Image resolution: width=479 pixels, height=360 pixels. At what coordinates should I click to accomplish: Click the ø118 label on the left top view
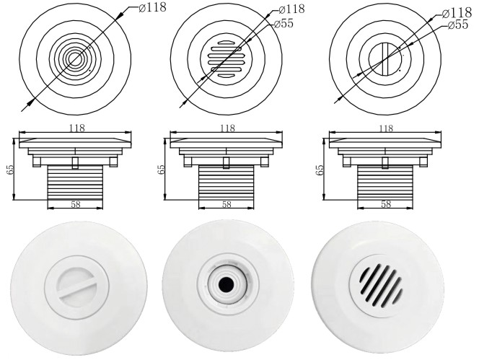tap(152, 8)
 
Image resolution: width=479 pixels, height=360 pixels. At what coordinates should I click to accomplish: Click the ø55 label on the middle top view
tap(284, 24)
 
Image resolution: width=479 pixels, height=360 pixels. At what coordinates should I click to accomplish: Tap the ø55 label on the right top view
tap(458, 25)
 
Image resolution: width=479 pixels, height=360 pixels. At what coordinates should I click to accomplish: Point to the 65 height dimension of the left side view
tap(10, 170)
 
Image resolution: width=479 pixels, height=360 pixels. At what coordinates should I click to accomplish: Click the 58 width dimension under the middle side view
tap(227, 204)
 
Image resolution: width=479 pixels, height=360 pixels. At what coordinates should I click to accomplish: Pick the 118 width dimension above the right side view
tap(386, 128)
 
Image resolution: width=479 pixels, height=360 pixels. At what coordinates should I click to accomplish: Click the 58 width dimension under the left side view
tap(76, 204)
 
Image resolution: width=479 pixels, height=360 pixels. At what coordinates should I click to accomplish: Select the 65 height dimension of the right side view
tap(320, 170)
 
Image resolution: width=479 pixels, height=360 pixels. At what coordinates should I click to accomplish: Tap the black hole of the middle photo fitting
tap(226, 284)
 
